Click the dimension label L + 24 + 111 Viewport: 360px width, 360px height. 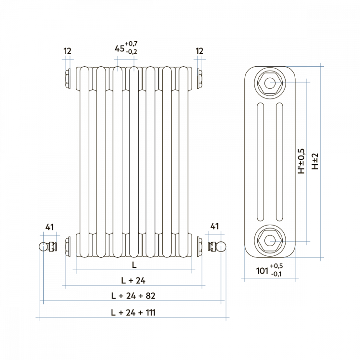click(x=133, y=312)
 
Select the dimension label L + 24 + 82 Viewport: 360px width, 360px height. click(x=133, y=296)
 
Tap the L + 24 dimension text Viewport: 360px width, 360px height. click(x=133, y=280)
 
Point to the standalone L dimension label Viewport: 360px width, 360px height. click(x=134, y=265)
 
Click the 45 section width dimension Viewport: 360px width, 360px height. click(x=120, y=48)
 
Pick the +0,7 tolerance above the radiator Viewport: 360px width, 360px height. click(x=132, y=44)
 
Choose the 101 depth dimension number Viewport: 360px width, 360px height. click(x=262, y=271)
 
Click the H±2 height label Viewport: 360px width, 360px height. click(x=315, y=161)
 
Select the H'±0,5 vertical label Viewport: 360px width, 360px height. click(x=301, y=161)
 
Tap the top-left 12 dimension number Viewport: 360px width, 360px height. click(x=68, y=51)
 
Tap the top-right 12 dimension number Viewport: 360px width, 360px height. click(x=200, y=51)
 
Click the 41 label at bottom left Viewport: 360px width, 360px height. click(x=49, y=227)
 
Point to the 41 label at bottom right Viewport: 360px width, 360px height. click(x=215, y=227)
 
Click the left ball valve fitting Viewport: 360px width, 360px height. click(x=48, y=247)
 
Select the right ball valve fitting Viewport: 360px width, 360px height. click(x=217, y=247)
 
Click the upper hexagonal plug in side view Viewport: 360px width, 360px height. click(x=270, y=83)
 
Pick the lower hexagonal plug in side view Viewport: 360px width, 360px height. click(x=270, y=240)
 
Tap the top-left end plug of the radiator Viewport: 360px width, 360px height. click(x=68, y=79)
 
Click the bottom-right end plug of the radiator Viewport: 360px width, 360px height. click(x=200, y=247)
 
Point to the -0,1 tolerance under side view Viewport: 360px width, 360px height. click(x=276, y=274)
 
